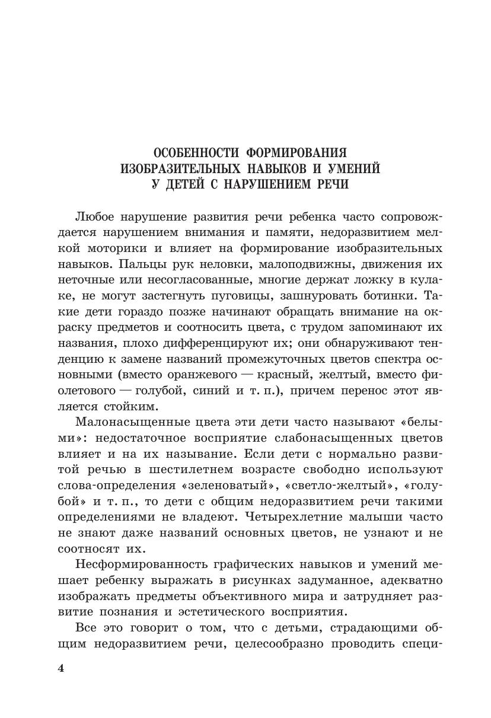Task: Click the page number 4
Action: [x=61, y=668]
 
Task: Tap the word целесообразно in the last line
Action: [x=282, y=644]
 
